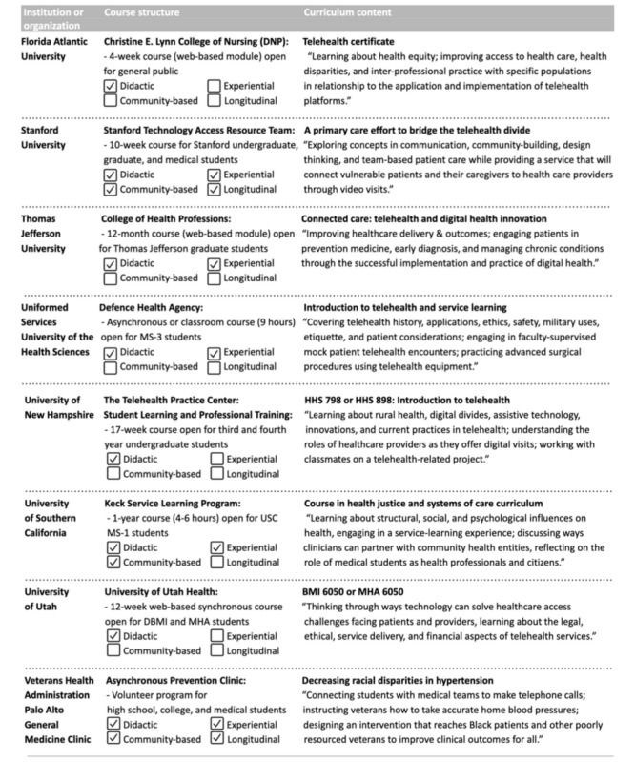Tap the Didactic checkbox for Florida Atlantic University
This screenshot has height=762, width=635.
click(x=112, y=83)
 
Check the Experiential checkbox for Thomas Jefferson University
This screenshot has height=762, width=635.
click(x=215, y=261)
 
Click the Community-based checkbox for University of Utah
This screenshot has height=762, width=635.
click(x=112, y=649)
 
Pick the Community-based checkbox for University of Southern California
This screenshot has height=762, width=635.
click(x=112, y=562)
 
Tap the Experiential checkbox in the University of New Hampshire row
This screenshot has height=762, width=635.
click(x=215, y=459)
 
